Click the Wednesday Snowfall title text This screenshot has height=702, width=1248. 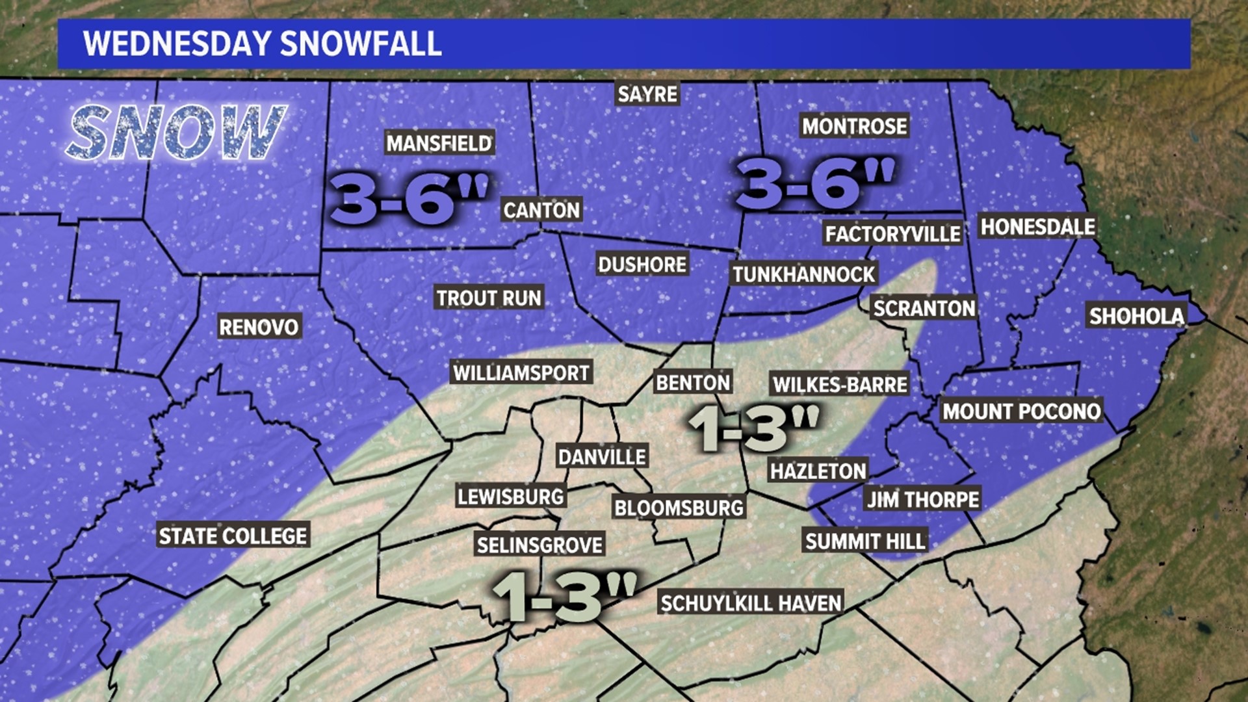coord(263,44)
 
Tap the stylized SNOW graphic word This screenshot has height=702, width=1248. coord(175,133)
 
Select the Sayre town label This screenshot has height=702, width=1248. coord(647,94)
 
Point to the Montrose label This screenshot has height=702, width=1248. coord(854,126)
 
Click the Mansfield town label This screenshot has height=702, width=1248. coord(439,143)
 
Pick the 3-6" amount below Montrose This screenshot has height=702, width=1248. coord(815,183)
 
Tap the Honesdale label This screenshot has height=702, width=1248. coord(1037,227)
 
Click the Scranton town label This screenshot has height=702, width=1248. coord(924,308)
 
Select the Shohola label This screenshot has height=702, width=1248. coord(1137,317)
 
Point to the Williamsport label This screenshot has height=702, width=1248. coord(521,373)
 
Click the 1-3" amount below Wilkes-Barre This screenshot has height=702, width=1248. coord(754,428)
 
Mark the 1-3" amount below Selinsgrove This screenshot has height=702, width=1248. coord(563,595)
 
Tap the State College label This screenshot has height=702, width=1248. coord(233,536)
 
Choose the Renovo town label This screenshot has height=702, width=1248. coord(259,327)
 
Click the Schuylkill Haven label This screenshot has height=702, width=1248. coord(751,603)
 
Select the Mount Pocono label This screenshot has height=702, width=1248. coord(1021,411)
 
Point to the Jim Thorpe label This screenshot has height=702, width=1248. coord(923,499)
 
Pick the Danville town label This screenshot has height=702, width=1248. coord(602,457)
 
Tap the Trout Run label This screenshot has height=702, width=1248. coord(488,298)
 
